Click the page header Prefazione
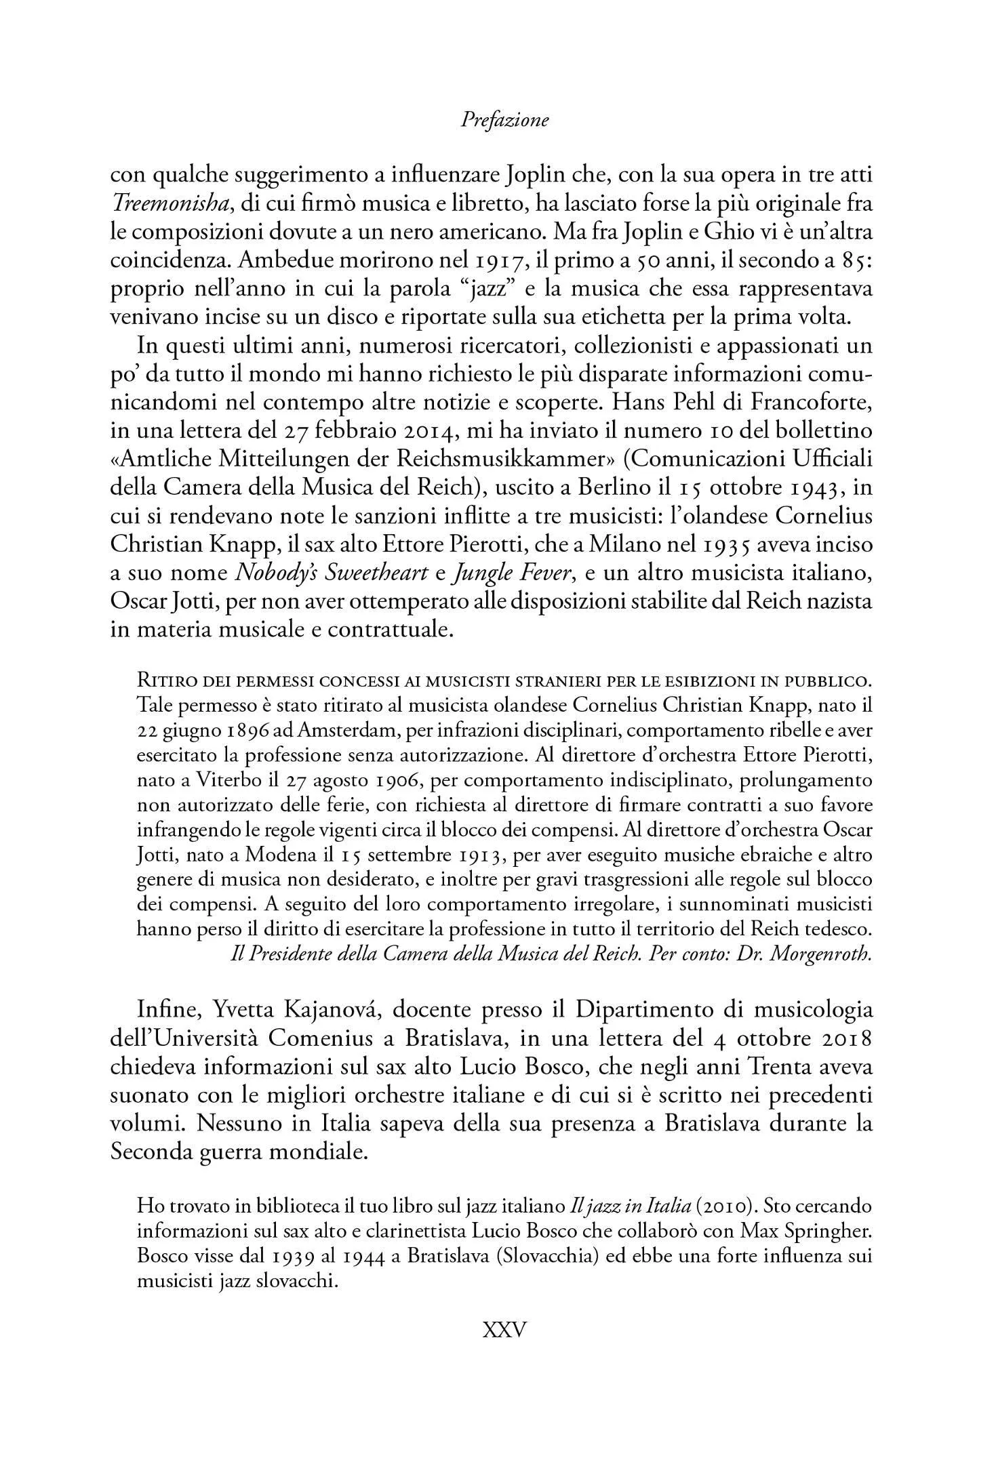pyautogui.click(x=504, y=121)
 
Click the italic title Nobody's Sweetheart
pyautogui.click(x=332, y=573)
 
